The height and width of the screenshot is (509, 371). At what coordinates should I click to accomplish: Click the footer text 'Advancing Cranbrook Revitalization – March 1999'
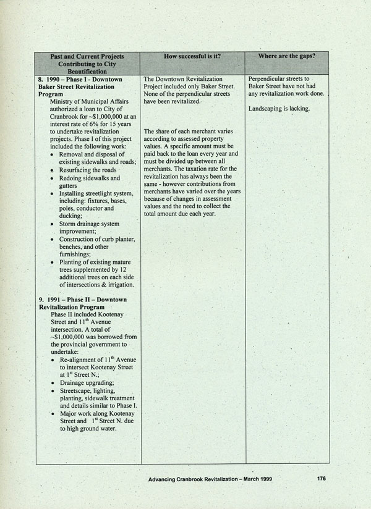pyautogui.click(x=210, y=479)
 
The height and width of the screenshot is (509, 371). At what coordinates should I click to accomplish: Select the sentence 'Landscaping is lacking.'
pyautogui.click(x=279, y=109)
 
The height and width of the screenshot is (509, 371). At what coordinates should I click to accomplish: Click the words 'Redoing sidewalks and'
pyautogui.click(x=90, y=178)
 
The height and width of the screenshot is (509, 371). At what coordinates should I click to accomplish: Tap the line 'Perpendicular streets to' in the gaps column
pyautogui.click(x=281, y=80)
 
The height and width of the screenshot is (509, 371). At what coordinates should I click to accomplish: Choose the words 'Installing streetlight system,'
pyautogui.click(x=98, y=194)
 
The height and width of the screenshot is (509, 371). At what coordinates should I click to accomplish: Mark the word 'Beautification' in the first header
pyautogui.click(x=88, y=72)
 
